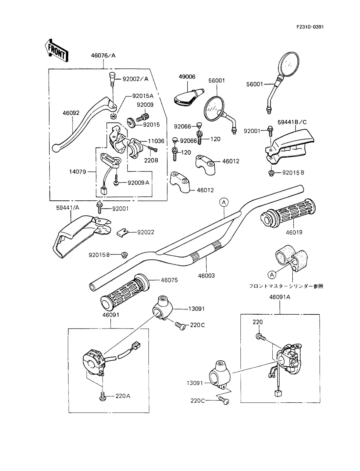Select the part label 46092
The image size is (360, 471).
71,113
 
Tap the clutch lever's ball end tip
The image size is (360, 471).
56,148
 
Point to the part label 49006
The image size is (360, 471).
187,77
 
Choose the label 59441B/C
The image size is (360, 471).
292,122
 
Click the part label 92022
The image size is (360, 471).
146,232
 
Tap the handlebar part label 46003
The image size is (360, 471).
206,276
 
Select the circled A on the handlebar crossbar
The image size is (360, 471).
224,203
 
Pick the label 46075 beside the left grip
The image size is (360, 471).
169,280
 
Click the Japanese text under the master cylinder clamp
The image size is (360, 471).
286,286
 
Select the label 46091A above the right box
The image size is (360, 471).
280,297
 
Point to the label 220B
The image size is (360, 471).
151,161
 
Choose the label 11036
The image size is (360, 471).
156,141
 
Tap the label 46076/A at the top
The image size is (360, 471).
103,56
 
